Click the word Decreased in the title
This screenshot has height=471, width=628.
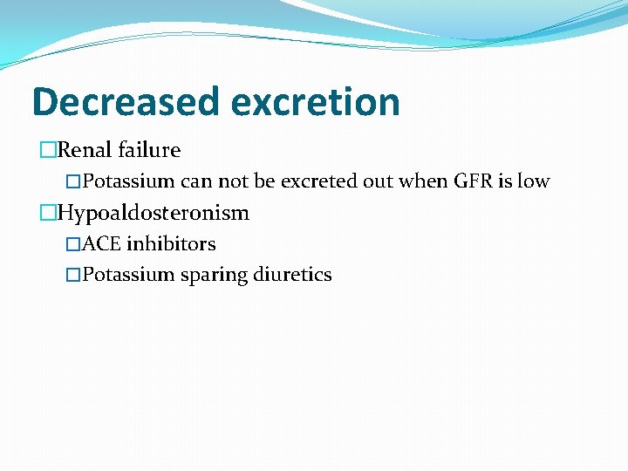125,101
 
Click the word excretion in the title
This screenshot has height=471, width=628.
315,103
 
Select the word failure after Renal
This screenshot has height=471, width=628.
152,150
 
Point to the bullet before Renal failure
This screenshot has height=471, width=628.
47,150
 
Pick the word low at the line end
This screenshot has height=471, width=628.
533,181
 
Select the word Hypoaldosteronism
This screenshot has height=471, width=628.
153,213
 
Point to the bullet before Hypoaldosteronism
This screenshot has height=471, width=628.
47,213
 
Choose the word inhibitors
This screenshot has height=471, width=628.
171,243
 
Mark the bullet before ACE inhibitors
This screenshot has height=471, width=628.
73,243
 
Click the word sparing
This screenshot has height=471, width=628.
215,275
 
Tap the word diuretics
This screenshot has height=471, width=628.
292,275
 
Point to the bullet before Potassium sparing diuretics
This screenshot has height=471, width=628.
73,275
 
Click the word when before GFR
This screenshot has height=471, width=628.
423,181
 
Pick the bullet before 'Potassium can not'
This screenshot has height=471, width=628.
73,181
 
